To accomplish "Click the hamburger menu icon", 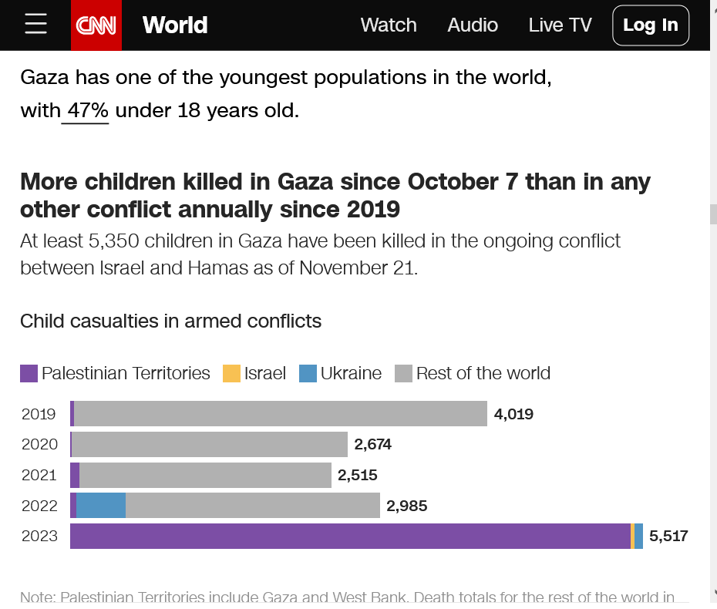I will pyautogui.click(x=35, y=25).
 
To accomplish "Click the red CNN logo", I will pyautogui.click(x=96, y=25).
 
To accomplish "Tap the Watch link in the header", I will pyautogui.click(x=389, y=25).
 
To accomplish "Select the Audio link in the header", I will pyautogui.click(x=473, y=25).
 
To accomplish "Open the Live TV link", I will pyautogui.click(x=560, y=25).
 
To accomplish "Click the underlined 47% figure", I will pyautogui.click(x=87, y=111).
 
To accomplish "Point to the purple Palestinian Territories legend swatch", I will pyautogui.click(x=29, y=374).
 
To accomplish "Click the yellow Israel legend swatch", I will pyautogui.click(x=231, y=374).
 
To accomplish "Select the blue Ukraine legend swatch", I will pyautogui.click(x=308, y=374).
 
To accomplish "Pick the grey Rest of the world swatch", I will pyautogui.click(x=403, y=374).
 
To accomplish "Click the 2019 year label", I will pyautogui.click(x=39, y=414).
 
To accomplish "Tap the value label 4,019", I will pyautogui.click(x=513, y=414).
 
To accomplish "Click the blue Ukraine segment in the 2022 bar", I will pyautogui.click(x=101, y=506).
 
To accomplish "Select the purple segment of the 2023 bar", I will pyautogui.click(x=350, y=537).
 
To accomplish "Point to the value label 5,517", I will pyautogui.click(x=668, y=537).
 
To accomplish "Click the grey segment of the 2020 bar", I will pyautogui.click(x=210, y=444).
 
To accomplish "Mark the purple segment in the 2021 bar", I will pyautogui.click(x=75, y=475).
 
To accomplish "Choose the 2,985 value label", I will pyautogui.click(x=406, y=506).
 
